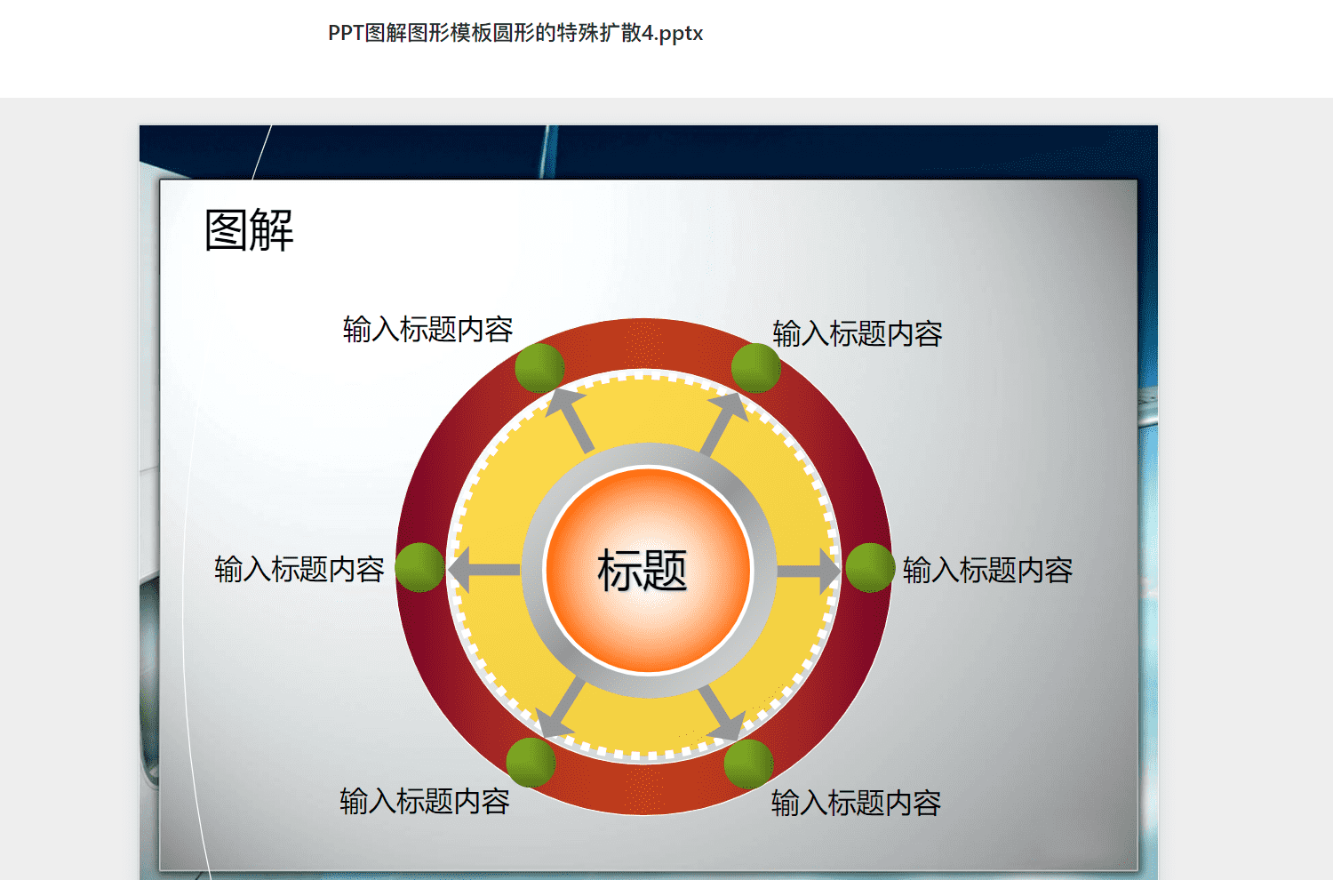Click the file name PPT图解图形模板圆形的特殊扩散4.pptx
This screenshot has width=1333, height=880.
(x=515, y=34)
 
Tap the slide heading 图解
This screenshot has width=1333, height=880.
(x=250, y=230)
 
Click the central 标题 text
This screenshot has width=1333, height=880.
(x=643, y=570)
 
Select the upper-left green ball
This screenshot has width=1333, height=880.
(x=539, y=367)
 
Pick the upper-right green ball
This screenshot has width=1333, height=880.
(x=755, y=367)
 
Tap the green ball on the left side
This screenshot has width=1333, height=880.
(x=419, y=567)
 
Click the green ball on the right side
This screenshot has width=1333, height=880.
(x=870, y=567)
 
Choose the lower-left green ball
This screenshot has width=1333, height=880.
(x=531, y=763)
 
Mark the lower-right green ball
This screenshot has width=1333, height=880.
(x=748, y=764)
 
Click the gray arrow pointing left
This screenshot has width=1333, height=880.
(x=483, y=570)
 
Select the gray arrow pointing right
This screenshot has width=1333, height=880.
(x=808, y=571)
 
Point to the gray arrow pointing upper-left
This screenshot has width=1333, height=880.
(x=571, y=420)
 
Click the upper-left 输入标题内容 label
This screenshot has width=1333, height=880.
(x=427, y=329)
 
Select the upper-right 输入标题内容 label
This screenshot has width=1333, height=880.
(x=858, y=333)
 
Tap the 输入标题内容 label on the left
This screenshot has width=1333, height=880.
(x=299, y=569)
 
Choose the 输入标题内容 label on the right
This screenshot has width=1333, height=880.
(x=988, y=571)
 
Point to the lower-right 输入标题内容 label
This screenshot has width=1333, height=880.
(x=857, y=804)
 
